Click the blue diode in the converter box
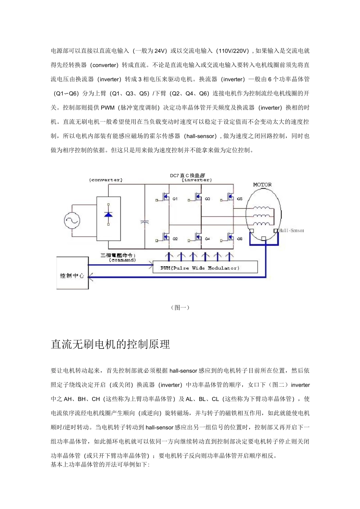click(x=108, y=214)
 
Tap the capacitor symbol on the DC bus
click(x=144, y=222)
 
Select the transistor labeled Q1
click(x=166, y=197)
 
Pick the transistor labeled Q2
click(x=166, y=237)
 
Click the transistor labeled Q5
click(x=230, y=197)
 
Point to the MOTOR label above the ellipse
click(x=262, y=185)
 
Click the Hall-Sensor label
click(x=291, y=230)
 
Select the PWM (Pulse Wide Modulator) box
click(x=205, y=267)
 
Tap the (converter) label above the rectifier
click(x=106, y=180)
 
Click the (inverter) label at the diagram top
click(x=196, y=180)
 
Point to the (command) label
click(x=122, y=260)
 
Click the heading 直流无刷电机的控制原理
click(x=110, y=344)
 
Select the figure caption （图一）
click(x=180, y=308)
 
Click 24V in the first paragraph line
click(x=160, y=51)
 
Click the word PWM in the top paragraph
click(x=108, y=108)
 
